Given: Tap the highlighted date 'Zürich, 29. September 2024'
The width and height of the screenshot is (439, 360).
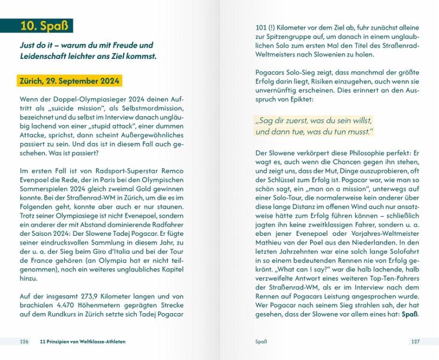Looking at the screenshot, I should point(70,81).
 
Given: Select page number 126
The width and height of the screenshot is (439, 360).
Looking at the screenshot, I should point(24,342).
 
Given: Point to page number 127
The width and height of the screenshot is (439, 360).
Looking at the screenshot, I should point(414,342).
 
